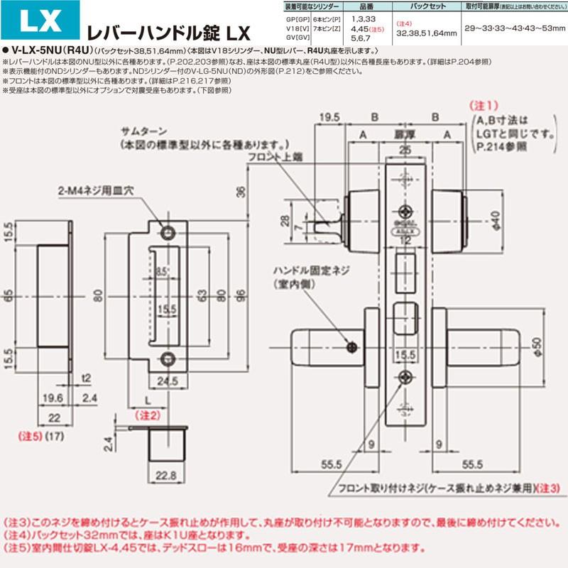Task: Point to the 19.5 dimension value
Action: point(327,116)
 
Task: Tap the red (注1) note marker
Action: point(485,104)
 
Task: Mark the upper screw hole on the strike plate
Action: point(168,233)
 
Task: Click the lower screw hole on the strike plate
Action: point(168,358)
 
